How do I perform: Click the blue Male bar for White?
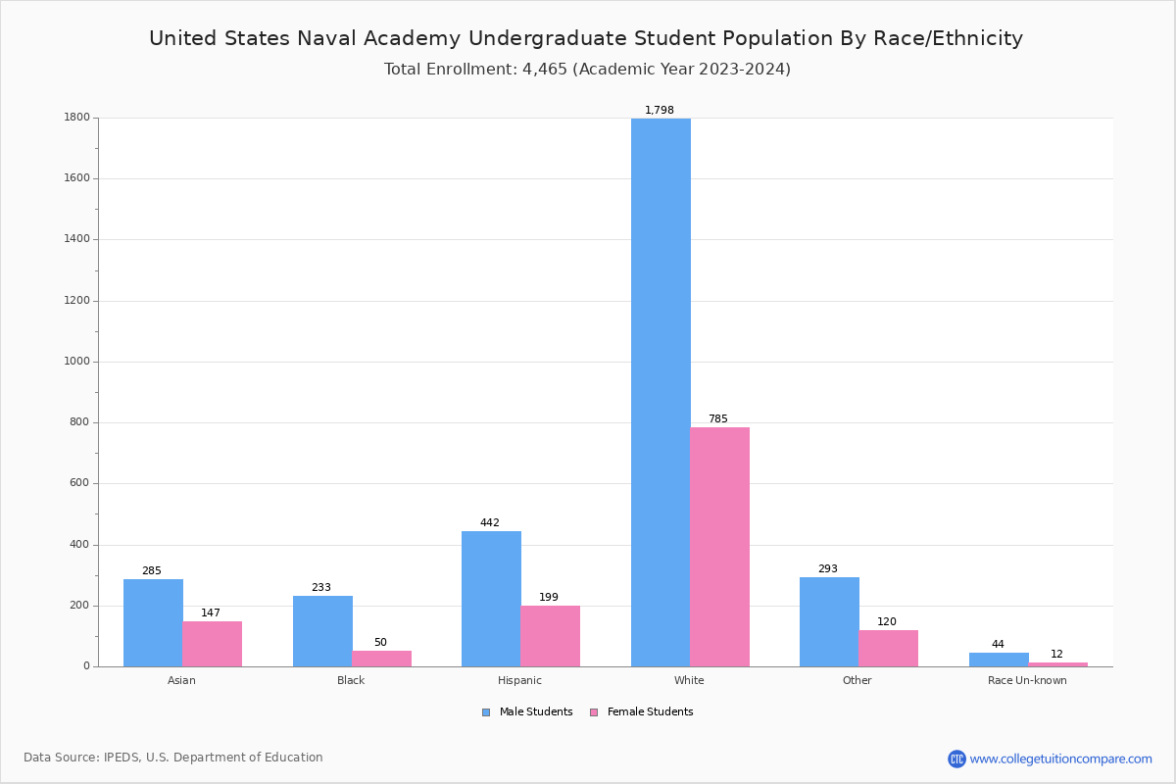coord(661,392)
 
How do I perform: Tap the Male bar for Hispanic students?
coord(491,599)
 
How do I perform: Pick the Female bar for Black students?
coord(381,659)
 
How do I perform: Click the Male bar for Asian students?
coord(153,622)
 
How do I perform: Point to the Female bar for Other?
coord(888,648)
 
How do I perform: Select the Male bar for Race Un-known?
coord(999,660)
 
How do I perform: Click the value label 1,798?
coord(660,111)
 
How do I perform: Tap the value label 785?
coord(718,419)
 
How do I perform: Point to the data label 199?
coord(549,598)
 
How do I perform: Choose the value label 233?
coord(321,588)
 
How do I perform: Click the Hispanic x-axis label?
coord(519,680)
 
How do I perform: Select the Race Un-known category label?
coord(1027,680)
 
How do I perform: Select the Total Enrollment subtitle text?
coord(587,70)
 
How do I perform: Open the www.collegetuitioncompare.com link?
coord(1060,759)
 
